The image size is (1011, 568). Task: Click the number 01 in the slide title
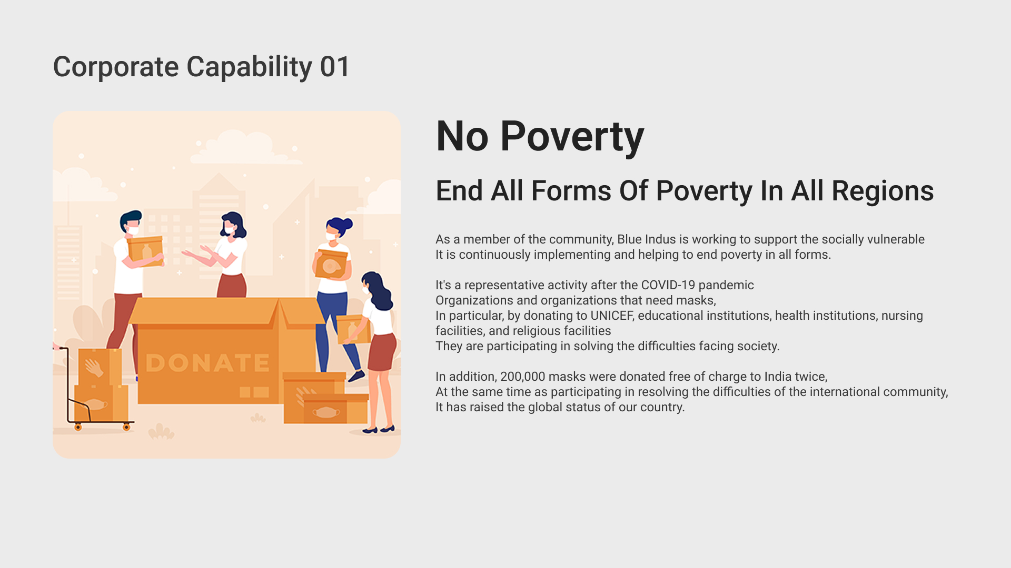[x=334, y=67]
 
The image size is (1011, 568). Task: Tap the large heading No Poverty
[x=540, y=137]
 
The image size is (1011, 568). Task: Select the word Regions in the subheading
[x=883, y=191]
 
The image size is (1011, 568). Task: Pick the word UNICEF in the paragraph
[x=612, y=316]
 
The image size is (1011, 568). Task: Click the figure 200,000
[x=522, y=377]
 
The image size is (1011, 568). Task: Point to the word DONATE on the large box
[x=207, y=363]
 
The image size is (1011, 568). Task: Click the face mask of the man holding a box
[x=133, y=230]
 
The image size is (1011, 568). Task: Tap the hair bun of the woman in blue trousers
[x=348, y=225]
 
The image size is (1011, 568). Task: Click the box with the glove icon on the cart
[x=100, y=367]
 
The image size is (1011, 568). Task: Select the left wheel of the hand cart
[x=78, y=427]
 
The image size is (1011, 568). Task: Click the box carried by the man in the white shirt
[x=145, y=251]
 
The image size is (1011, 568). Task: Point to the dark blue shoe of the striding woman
[x=356, y=376]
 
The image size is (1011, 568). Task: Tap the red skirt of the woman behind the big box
[x=232, y=286]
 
